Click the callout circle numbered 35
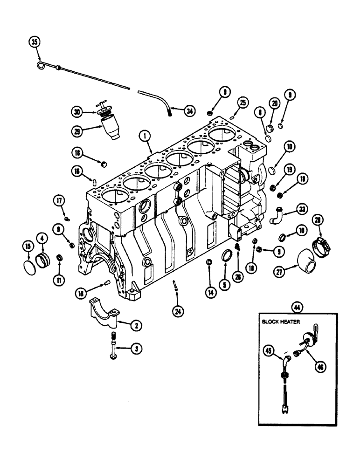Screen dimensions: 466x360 click(x=34, y=42)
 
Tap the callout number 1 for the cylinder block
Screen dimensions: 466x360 click(x=146, y=137)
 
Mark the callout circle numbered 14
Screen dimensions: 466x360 click(x=210, y=292)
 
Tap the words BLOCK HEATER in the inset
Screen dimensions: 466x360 click(x=281, y=321)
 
